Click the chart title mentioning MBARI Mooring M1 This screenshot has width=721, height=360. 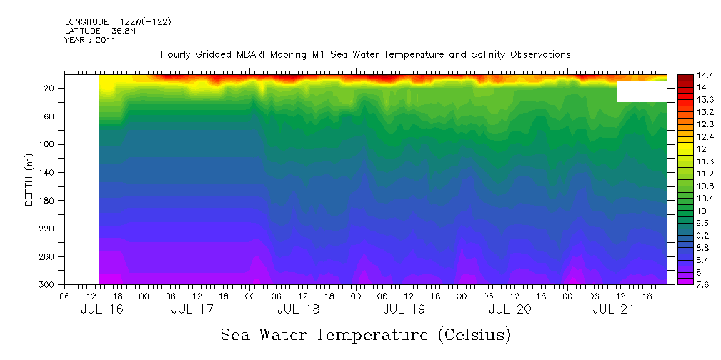tap(365, 55)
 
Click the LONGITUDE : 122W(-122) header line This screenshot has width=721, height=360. tap(117, 22)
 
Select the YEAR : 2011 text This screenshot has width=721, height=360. tap(90, 41)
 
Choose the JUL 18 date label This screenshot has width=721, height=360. tap(298, 310)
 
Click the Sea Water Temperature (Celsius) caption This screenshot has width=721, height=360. tap(366, 334)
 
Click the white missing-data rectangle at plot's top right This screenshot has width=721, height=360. tap(642, 92)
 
